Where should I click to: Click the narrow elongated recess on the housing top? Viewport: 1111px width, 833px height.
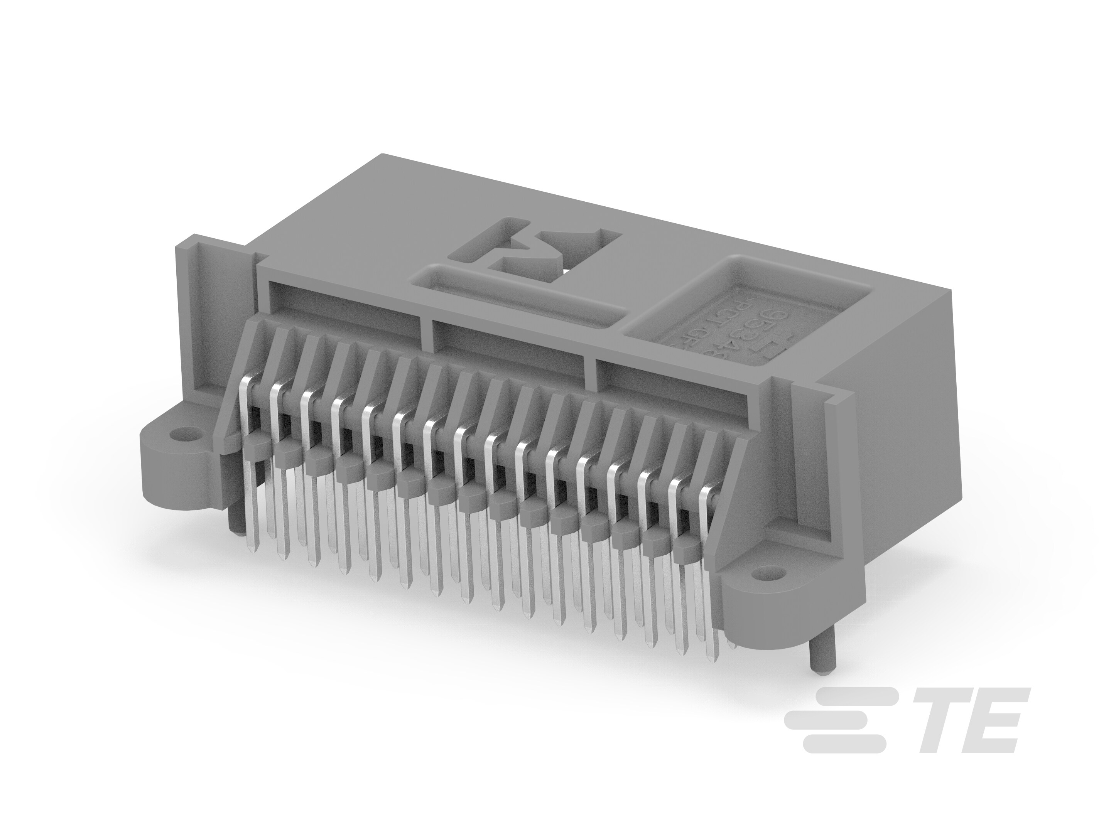517,299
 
